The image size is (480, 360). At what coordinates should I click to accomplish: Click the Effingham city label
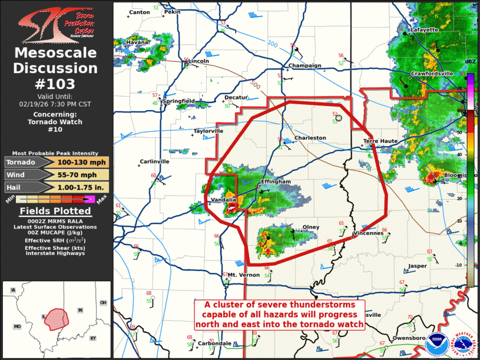tap(276, 182)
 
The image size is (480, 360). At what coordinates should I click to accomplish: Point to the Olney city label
tap(310, 227)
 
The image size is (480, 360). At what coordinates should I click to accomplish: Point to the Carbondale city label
tap(214, 344)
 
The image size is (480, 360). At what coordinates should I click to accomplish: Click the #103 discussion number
tap(55, 84)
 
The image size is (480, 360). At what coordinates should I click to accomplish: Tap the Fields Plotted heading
tap(55, 212)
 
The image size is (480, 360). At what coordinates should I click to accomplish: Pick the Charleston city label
tap(310, 138)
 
